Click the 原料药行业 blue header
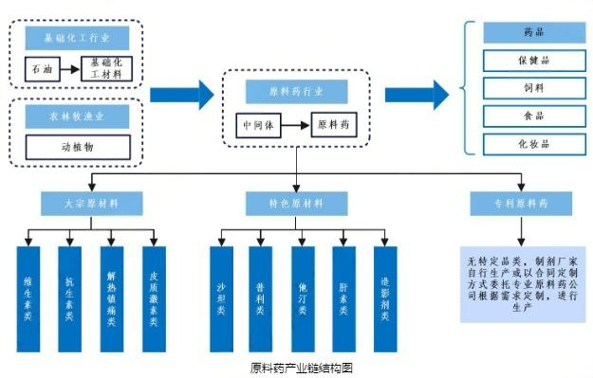296,92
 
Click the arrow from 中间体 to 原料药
297,125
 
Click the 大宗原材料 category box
92,204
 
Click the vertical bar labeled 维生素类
28,297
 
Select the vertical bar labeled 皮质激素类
154,297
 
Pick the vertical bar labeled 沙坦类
220,297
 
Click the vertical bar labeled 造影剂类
384,297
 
